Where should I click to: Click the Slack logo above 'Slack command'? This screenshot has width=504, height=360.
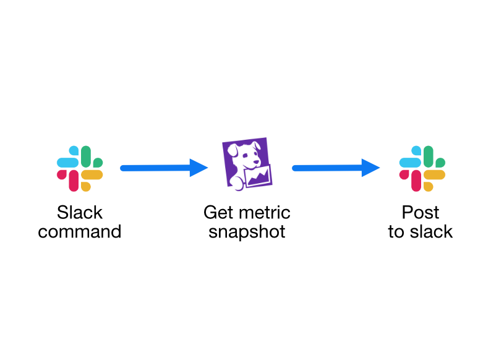(80, 168)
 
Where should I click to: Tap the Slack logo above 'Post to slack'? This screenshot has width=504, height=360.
(422, 168)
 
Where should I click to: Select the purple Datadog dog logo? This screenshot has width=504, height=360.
(247, 164)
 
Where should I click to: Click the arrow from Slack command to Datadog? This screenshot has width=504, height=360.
(164, 168)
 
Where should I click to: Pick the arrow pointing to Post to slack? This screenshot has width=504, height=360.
(336, 168)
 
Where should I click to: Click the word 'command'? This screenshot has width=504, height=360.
(79, 232)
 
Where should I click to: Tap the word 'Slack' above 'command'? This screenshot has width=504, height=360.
(80, 212)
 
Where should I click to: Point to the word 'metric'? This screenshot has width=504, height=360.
(262, 212)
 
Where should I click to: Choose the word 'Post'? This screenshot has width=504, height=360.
(421, 212)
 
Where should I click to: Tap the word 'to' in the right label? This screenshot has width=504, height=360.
(396, 232)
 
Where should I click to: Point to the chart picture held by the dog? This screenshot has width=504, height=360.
(258, 176)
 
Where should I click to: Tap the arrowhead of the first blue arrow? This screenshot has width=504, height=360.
(199, 168)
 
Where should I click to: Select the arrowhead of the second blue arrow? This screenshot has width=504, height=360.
(370, 168)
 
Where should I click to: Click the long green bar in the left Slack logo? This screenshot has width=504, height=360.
(86, 156)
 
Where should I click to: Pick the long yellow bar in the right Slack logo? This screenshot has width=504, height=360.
(434, 174)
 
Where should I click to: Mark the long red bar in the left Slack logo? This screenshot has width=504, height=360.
(74, 181)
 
